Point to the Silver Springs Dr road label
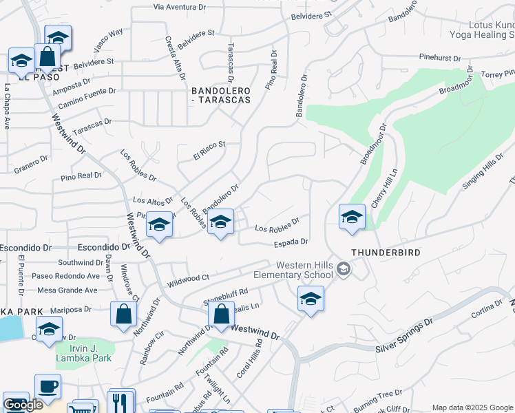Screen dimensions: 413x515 [x=404, y=336]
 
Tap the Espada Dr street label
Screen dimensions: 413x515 [x=290, y=242]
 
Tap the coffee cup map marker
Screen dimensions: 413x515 [x=48, y=386]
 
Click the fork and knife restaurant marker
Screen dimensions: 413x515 [x=121, y=401]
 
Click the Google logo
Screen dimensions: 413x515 [x=23, y=405]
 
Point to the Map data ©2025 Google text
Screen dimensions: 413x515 [x=472, y=407]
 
